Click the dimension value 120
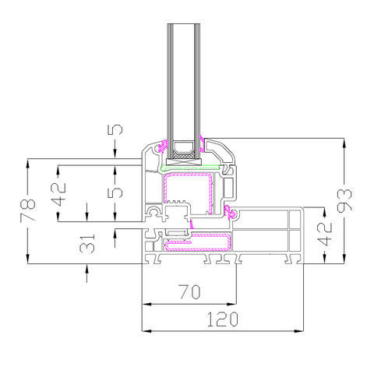(222, 319)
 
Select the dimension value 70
(189, 292)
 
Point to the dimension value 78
(27, 210)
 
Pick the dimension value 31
(87, 243)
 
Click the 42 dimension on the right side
(325, 235)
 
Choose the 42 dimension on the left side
(58, 194)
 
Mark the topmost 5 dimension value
(115, 129)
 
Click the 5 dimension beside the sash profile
(115, 192)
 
